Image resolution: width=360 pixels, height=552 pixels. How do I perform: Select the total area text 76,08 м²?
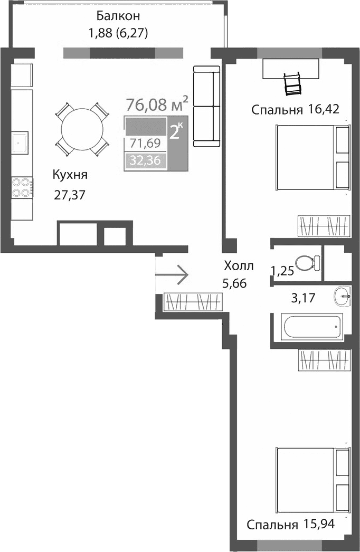pyautogui.click(x=157, y=104)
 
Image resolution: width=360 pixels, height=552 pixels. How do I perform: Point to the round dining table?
pyautogui.click(x=82, y=130)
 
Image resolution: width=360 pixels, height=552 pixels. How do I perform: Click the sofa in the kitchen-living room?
pyautogui.click(x=206, y=106)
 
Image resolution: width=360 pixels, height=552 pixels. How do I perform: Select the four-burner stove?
pyautogui.click(x=22, y=187)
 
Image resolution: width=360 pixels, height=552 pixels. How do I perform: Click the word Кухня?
pyautogui.click(x=69, y=175)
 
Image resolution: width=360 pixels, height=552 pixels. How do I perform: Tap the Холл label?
pyautogui.click(x=238, y=265)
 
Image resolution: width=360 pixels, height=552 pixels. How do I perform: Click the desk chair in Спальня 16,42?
pyautogui.click(x=292, y=83)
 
